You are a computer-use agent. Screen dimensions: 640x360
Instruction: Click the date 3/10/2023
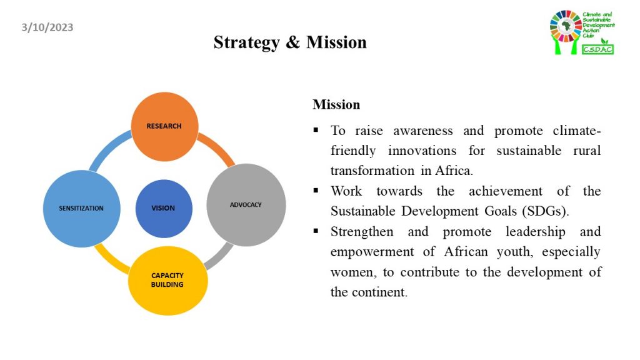coord(47,27)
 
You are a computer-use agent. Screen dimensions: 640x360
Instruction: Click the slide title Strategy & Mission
coord(290,42)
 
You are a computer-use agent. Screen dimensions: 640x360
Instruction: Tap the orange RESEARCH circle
coord(164,126)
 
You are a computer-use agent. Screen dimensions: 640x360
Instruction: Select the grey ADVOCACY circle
coord(246,205)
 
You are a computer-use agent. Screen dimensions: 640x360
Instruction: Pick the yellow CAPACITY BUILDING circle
coord(167,281)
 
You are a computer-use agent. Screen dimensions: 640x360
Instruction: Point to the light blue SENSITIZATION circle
coord(82,209)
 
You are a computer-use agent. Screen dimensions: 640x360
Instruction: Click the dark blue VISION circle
coord(164,209)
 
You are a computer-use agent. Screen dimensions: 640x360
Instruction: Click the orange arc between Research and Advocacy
coord(218,149)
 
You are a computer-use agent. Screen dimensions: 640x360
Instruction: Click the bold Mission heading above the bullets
coord(336,104)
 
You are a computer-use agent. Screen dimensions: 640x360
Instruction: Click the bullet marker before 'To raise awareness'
coord(316,130)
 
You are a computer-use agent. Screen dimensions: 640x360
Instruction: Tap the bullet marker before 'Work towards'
coord(316,191)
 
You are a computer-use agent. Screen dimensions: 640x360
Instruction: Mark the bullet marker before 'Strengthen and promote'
coord(316,231)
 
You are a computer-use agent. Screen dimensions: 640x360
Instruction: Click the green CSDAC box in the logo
coord(597,49)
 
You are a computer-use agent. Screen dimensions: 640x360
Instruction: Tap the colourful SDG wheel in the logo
coord(566,26)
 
